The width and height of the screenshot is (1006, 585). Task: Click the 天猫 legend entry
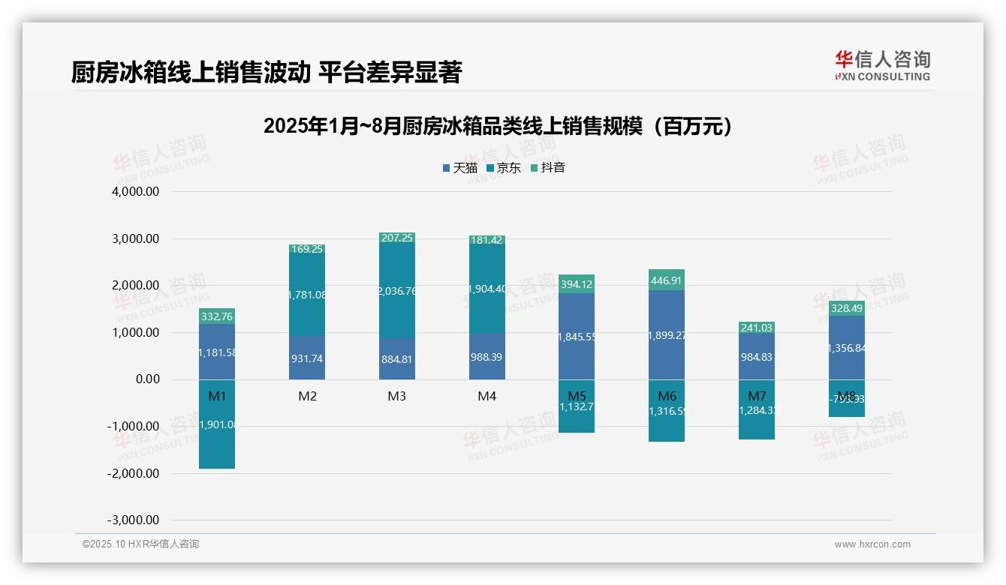(x=459, y=168)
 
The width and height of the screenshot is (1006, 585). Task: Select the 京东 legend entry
(x=504, y=168)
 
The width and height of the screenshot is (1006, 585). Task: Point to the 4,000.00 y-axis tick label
(x=136, y=192)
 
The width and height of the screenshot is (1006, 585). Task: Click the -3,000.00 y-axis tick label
(x=134, y=520)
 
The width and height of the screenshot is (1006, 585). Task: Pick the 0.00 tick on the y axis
(x=147, y=379)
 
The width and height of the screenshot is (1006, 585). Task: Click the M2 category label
(x=307, y=396)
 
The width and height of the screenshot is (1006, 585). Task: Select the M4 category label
(x=487, y=396)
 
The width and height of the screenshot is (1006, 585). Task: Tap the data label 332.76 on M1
(x=217, y=316)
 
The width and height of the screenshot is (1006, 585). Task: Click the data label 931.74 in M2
(x=307, y=358)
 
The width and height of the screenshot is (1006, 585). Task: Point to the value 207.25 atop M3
(x=397, y=238)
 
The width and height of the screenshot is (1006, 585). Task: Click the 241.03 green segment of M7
(x=757, y=328)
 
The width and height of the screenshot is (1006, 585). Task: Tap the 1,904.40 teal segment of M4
(x=487, y=289)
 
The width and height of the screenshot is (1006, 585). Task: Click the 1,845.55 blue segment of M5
(x=577, y=337)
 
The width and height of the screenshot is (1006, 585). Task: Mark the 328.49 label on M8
(x=847, y=308)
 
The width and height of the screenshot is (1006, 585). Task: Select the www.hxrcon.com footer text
(x=872, y=544)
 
